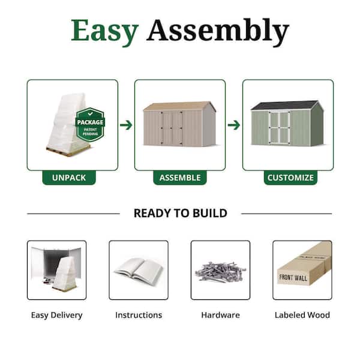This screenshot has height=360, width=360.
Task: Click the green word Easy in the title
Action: (104, 32)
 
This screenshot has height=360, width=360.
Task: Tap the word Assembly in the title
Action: (217, 32)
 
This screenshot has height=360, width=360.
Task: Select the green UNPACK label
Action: (69, 178)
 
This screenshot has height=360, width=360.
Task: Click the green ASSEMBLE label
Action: (180, 178)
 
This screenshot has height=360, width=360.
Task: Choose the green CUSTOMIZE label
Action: (290, 178)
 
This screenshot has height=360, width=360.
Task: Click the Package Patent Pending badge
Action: (90, 125)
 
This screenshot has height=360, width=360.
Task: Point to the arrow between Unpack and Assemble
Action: (126, 125)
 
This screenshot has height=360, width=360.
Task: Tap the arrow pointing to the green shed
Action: (234, 125)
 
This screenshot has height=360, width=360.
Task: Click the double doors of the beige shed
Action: (172, 128)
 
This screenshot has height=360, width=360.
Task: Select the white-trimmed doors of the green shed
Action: (280, 128)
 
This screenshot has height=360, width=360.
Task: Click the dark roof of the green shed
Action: (284, 106)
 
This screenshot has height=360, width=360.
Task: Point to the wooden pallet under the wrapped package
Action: (68, 151)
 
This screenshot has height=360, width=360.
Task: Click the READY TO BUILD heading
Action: (181, 213)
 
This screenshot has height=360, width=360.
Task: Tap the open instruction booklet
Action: (139, 269)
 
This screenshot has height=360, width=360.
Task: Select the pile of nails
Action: (221, 272)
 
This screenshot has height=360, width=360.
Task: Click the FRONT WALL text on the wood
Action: (293, 278)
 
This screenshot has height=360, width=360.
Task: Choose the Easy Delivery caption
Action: (57, 315)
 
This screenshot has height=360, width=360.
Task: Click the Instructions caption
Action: (139, 315)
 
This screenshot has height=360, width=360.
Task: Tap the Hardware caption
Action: (221, 315)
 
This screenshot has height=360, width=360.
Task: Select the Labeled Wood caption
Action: (302, 315)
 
